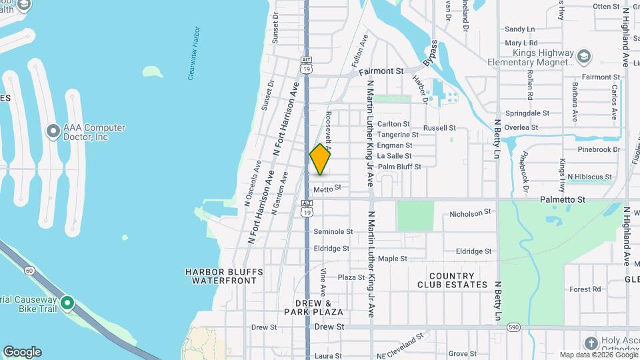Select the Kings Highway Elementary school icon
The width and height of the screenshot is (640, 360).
pyautogui.click(x=585, y=55)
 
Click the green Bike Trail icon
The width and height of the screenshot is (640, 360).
pyautogui.click(x=67, y=303)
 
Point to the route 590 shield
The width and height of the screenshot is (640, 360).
pyautogui.click(x=512, y=327)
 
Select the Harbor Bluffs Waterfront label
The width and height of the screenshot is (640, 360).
pyautogui.click(x=224, y=277)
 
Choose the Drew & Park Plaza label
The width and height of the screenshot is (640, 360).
pyautogui.click(x=313, y=307)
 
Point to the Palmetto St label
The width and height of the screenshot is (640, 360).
pyautogui.click(x=562, y=199)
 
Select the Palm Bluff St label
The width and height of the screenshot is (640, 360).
pyautogui.click(x=399, y=167)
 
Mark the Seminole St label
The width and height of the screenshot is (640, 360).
pyautogui.click(x=333, y=231)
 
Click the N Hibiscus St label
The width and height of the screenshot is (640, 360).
pyautogui.click(x=589, y=177)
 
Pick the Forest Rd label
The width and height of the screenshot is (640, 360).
pyautogui.click(x=585, y=289)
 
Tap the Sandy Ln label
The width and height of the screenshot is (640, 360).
pyautogui.click(x=520, y=29)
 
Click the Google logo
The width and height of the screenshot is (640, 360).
pyautogui.click(x=22, y=352)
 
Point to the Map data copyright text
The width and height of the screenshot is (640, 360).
pyautogui.click(x=597, y=355)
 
